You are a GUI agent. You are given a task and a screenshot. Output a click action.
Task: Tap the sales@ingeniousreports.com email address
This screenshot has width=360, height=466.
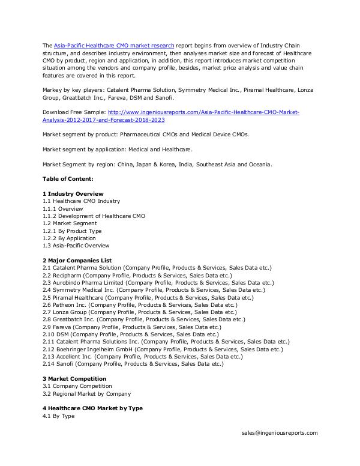(280, 432)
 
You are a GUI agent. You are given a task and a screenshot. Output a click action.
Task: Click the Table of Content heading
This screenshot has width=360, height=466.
(68, 179)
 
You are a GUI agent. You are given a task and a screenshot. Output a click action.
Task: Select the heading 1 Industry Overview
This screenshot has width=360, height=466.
(73, 194)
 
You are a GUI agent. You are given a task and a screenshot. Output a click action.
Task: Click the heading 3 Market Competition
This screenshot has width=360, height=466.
(74, 379)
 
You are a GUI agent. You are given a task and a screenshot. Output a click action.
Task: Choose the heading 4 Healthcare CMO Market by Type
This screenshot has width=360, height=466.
(92, 408)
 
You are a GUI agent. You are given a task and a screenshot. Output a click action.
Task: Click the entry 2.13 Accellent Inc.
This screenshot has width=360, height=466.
(142, 356)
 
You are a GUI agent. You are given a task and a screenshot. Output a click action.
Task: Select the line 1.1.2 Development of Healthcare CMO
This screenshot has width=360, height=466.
(94, 216)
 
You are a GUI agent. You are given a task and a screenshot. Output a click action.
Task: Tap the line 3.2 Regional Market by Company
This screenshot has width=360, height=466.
(86, 394)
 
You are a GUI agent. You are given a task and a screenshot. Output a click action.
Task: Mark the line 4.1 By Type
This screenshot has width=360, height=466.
(58, 416)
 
